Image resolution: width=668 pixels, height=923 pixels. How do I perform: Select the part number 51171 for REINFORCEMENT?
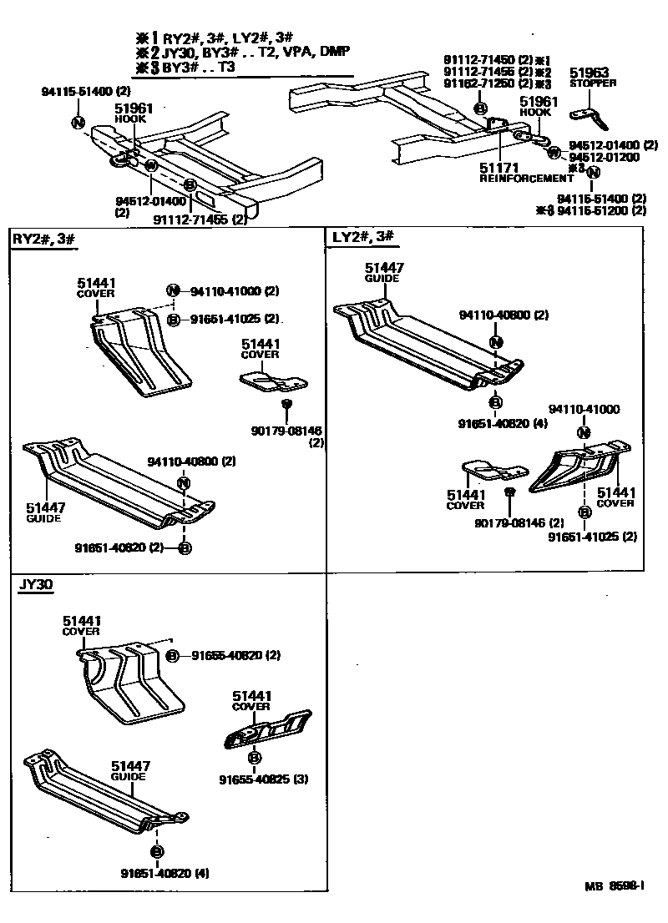pos(499,168)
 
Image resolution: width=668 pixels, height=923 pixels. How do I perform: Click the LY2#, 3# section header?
pos(362,237)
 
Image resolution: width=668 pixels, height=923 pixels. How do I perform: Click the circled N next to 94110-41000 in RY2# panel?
pos(172,291)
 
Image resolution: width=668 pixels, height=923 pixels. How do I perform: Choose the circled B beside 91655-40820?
pos(172,656)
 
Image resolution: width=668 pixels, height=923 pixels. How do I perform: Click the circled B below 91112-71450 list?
pos(480,108)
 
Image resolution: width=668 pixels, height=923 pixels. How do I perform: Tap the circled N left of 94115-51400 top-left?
pos(78,123)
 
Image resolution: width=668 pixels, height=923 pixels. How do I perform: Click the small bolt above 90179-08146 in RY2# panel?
pos(286,404)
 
